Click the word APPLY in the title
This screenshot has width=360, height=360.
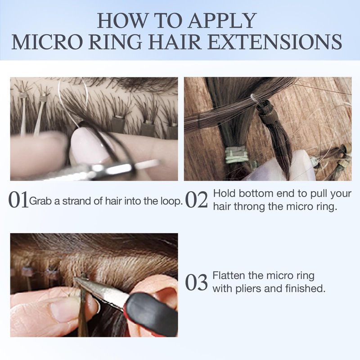click(x=222, y=21)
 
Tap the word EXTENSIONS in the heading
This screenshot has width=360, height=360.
click(x=275, y=42)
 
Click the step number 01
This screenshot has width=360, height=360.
click(x=18, y=200)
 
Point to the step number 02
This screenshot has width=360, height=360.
click(x=196, y=200)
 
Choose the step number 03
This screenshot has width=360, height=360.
click(x=196, y=282)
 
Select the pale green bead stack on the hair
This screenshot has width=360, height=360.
click(x=237, y=155)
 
